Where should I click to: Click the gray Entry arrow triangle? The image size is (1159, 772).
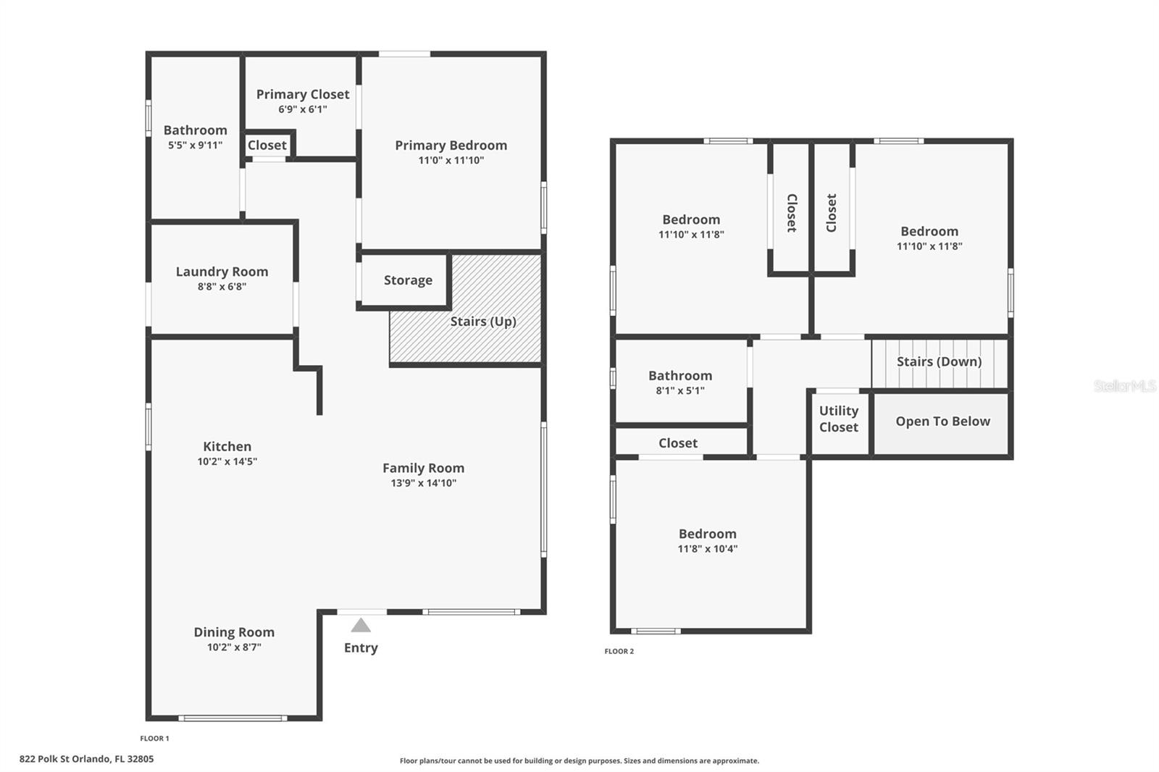[x=361, y=626]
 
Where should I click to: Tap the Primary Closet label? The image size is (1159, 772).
[x=303, y=94]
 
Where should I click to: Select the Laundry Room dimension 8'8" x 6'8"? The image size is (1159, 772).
[x=222, y=287]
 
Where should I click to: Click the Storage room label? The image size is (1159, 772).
[x=408, y=280]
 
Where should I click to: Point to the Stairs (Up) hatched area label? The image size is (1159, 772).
[x=483, y=321]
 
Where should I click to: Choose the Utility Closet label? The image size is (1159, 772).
[x=838, y=419]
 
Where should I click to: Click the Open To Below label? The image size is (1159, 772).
[x=942, y=421]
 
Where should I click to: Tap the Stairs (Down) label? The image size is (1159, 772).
[x=939, y=361]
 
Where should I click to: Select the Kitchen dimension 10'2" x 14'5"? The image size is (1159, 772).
[x=227, y=461]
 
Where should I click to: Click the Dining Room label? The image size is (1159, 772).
[x=234, y=632]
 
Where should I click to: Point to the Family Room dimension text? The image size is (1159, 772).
[x=424, y=483]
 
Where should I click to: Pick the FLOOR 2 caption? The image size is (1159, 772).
[x=619, y=651]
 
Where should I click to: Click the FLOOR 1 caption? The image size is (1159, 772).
[x=154, y=739]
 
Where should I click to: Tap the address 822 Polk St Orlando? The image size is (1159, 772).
[x=86, y=759]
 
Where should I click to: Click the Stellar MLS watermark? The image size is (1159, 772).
[x=1124, y=386]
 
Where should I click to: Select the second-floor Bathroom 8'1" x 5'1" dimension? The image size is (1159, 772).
[x=680, y=390]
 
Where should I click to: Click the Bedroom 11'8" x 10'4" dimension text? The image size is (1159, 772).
[x=708, y=549]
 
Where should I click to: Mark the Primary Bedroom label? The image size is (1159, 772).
[x=451, y=146]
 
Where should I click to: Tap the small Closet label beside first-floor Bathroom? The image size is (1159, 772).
[x=267, y=145]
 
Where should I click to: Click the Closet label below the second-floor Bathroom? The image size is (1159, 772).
[x=678, y=443]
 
